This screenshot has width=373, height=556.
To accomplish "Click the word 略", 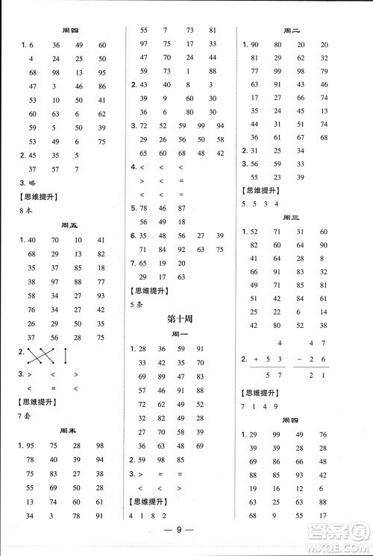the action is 32,183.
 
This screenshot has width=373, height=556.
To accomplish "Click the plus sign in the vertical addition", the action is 258,359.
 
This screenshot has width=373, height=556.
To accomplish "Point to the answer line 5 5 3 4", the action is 261,203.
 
